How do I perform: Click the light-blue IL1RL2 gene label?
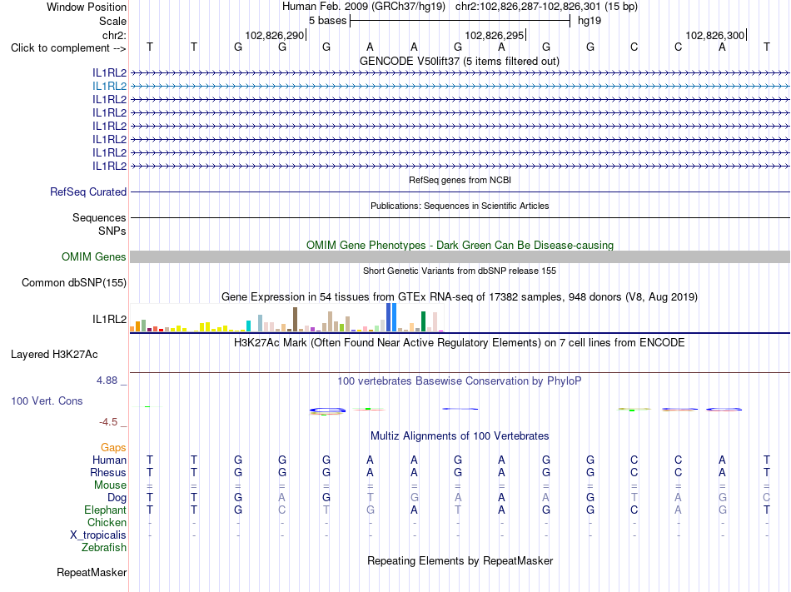(x=109, y=87)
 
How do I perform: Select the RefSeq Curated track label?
(x=88, y=192)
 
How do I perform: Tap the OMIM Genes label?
(x=94, y=256)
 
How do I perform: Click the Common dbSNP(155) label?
(x=74, y=283)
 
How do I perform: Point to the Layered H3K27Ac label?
(x=54, y=355)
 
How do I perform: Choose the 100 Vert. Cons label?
(x=47, y=400)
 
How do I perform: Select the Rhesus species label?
(x=108, y=472)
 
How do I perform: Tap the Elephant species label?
(x=106, y=510)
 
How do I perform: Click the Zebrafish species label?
(x=104, y=547)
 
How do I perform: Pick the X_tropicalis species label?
(x=98, y=535)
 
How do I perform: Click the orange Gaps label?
(x=113, y=448)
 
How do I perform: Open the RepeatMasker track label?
(x=92, y=572)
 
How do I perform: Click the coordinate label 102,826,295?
(x=495, y=35)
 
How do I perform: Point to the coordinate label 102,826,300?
(x=715, y=35)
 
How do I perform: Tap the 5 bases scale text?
(x=328, y=21)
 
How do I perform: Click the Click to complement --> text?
(x=68, y=48)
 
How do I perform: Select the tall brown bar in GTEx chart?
(x=295, y=319)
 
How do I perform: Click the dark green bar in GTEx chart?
(x=423, y=321)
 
